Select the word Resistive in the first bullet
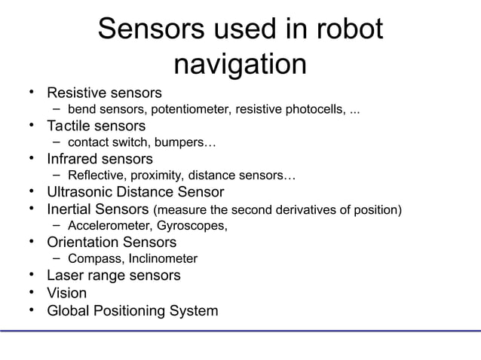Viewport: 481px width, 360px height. (76, 94)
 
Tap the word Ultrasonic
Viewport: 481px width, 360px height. (84, 192)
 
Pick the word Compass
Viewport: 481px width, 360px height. (91, 259)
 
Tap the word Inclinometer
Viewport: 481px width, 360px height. (159, 259)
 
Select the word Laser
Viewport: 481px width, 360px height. (65, 276)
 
